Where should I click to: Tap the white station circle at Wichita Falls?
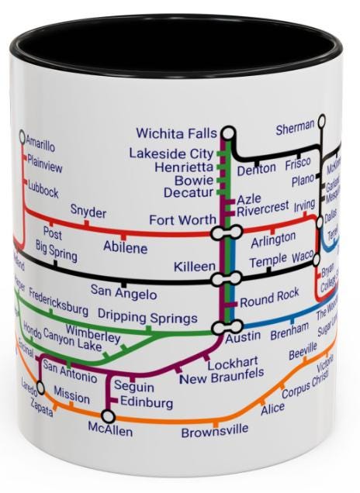(x=227, y=133)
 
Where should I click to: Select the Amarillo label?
(x=40, y=143)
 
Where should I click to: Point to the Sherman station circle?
(x=321, y=122)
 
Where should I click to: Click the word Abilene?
(x=126, y=248)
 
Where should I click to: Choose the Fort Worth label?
(x=182, y=220)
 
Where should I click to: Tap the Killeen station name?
(x=195, y=267)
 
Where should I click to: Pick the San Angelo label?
(x=124, y=293)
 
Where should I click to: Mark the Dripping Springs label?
(x=147, y=319)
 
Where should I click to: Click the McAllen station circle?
(x=108, y=417)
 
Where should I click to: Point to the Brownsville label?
(x=215, y=431)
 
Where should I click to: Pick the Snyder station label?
(x=88, y=211)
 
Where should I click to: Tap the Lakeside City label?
(x=171, y=153)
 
